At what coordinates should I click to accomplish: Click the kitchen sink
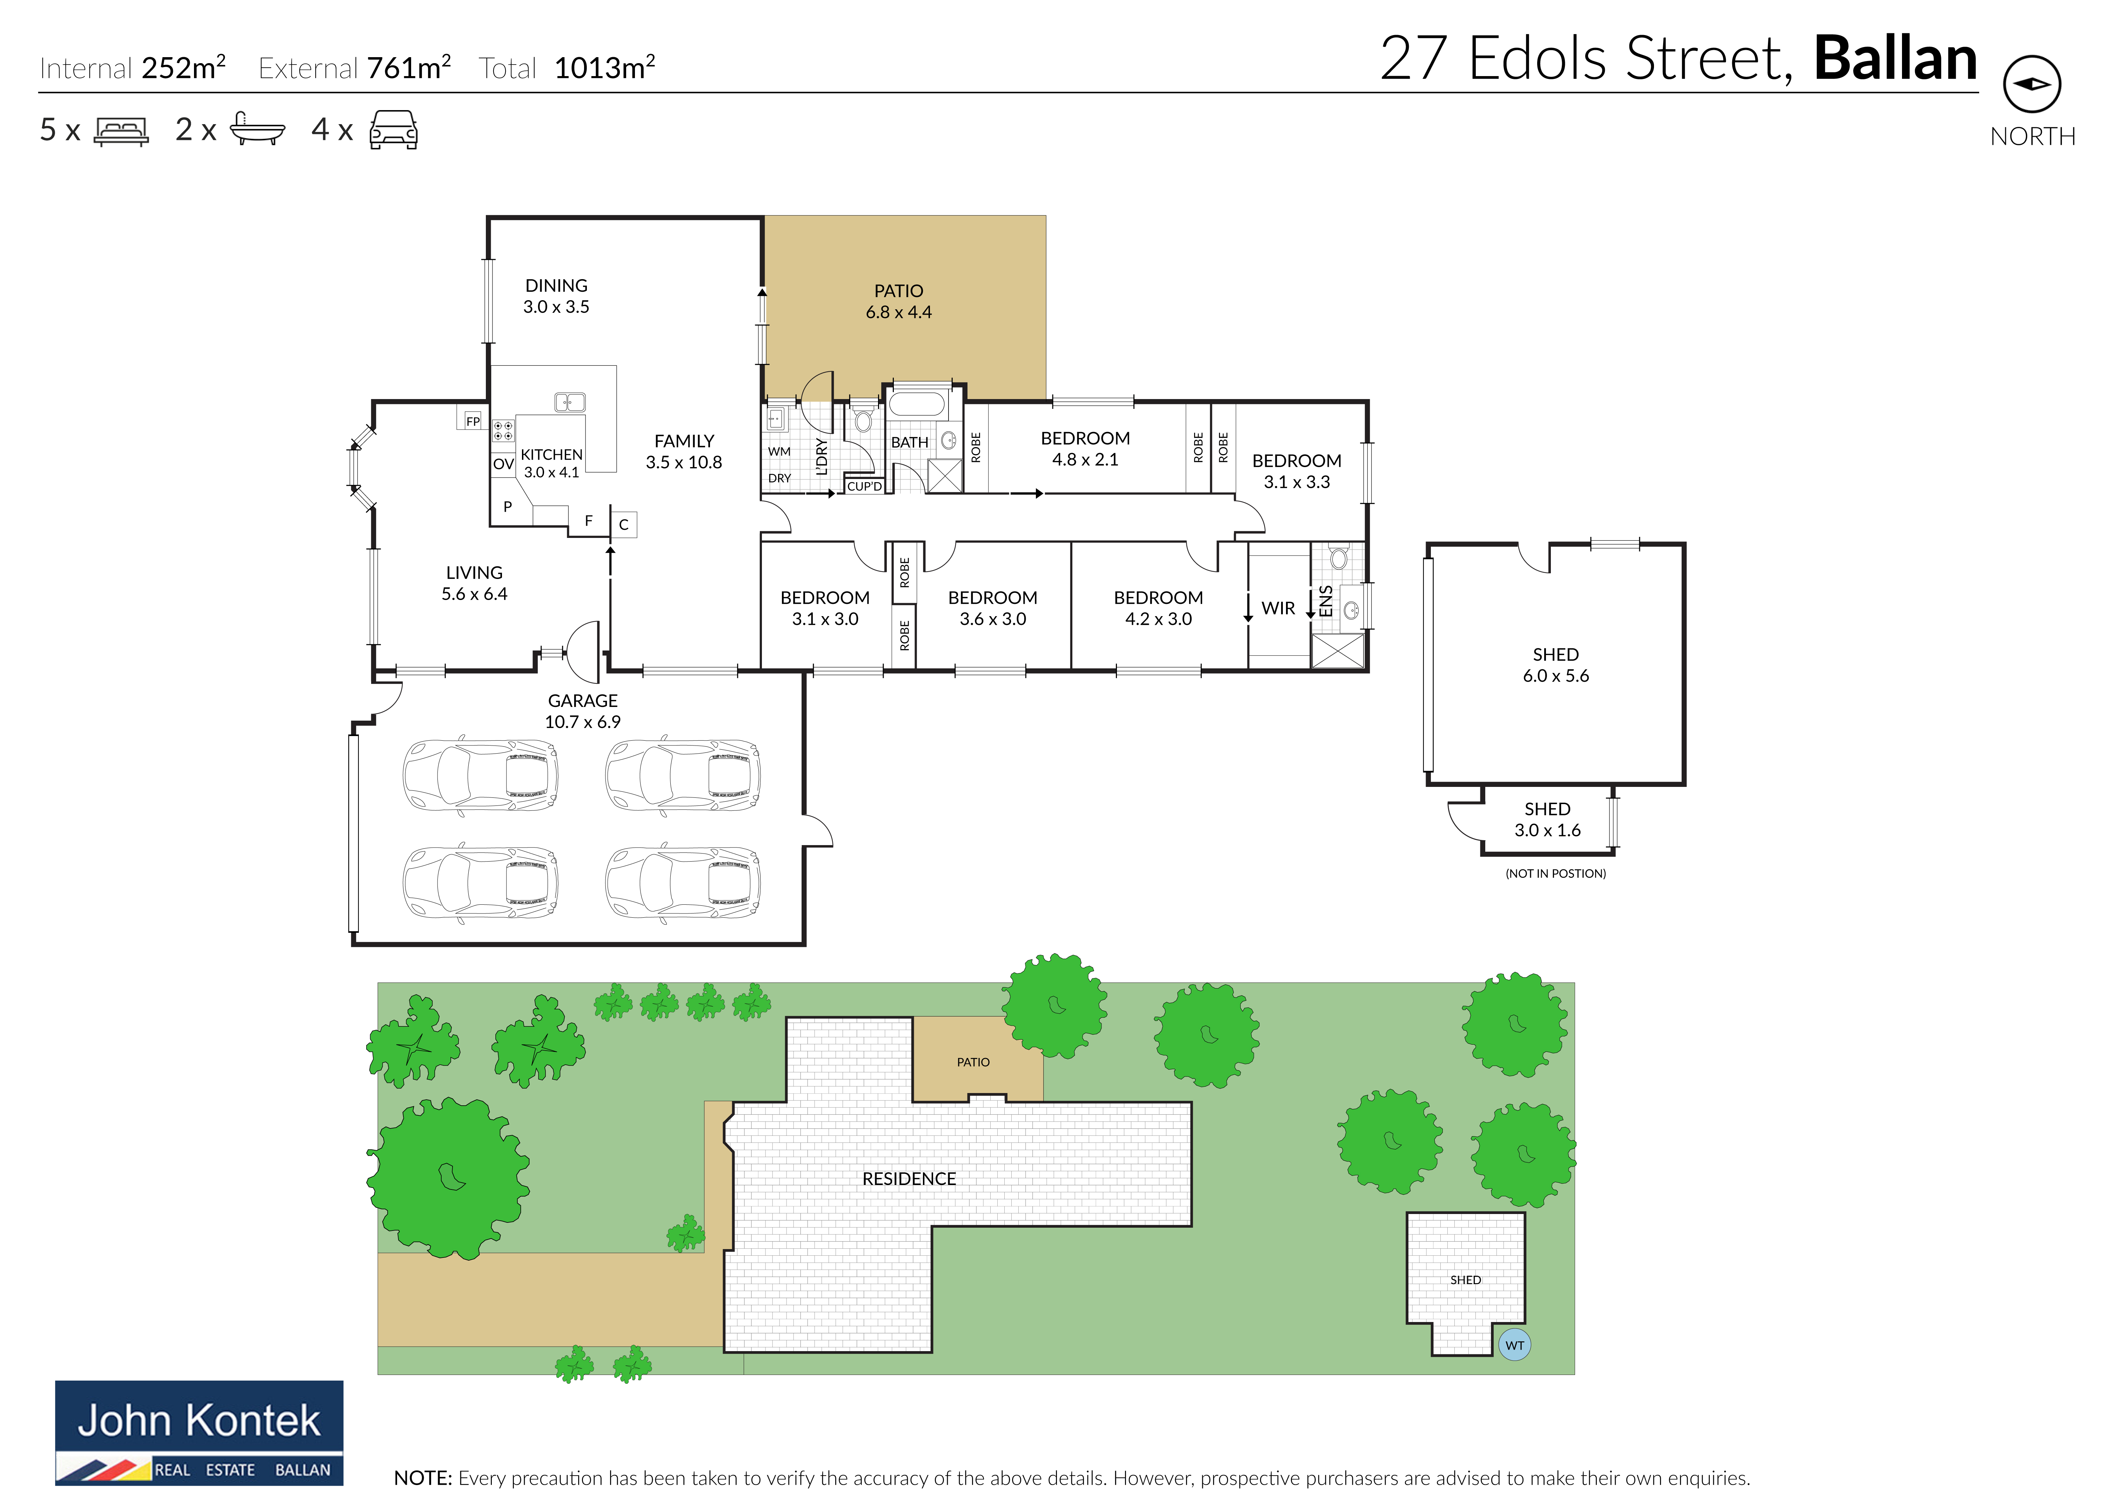570,402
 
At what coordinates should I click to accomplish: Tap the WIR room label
1278,608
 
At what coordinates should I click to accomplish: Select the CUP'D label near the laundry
865,486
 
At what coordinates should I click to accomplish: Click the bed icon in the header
121,131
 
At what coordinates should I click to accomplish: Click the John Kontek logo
199,1432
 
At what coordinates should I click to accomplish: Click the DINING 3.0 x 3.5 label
556,296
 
